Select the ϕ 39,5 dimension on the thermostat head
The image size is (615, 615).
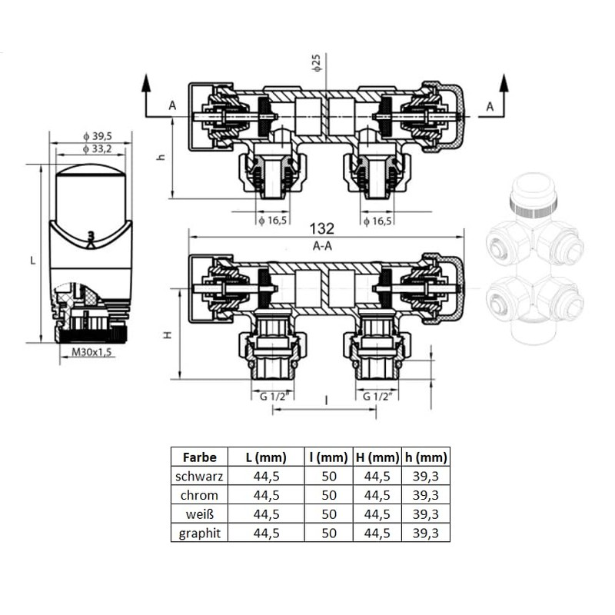95,136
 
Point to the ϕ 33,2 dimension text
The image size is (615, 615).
95,148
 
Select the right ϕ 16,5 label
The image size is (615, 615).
377,221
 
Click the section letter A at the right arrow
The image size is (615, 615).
489,107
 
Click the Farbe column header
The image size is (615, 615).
199,457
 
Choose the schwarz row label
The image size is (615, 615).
199,476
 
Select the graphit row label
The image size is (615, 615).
199,533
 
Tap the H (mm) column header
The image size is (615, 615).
377,457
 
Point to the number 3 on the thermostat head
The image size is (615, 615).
91,236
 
